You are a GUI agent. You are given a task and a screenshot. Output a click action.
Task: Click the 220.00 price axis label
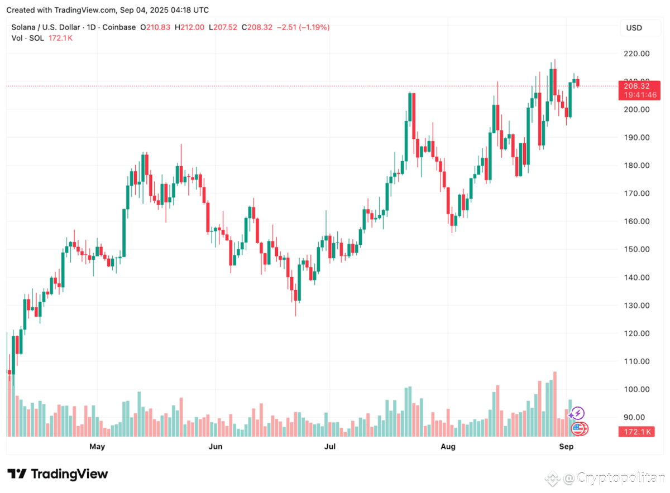pos(636,54)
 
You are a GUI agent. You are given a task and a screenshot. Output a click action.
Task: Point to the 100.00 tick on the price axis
pos(636,389)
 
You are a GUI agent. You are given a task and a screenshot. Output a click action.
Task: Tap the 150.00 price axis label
pos(636,249)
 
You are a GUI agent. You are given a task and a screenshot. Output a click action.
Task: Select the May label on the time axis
pos(97,446)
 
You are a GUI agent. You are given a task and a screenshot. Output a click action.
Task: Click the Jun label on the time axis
pos(215,446)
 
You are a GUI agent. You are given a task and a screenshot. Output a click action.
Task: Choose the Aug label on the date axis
pos(448,446)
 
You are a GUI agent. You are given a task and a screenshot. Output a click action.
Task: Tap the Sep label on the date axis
pos(566,446)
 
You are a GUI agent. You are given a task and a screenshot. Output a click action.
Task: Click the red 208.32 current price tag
pos(636,86)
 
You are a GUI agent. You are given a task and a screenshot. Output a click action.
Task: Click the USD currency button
pos(634,28)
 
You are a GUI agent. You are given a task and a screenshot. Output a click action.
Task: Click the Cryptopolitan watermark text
pos(620,477)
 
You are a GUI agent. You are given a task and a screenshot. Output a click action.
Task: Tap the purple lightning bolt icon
pos(578,413)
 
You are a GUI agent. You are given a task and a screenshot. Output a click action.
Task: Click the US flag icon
pos(580,429)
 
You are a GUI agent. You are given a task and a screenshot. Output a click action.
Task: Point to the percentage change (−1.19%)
pos(314,27)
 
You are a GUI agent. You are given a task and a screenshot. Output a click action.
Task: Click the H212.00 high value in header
pos(190,27)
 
